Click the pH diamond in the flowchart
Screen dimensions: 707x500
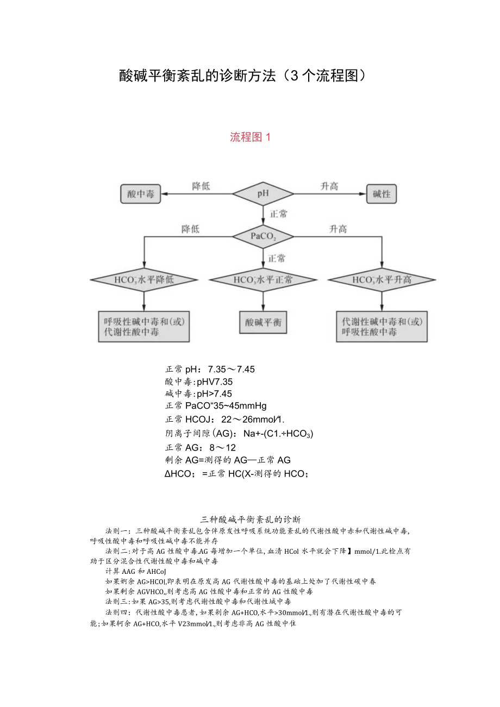(263, 193)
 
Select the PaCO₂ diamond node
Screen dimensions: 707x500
(263, 236)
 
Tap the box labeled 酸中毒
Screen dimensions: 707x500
(141, 194)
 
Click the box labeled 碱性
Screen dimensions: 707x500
(382, 194)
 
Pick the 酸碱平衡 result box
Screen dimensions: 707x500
(263, 322)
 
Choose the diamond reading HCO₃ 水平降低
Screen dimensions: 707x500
(143, 280)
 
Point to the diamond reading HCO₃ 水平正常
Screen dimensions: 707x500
(263, 280)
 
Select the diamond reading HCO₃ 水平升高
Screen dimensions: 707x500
(382, 280)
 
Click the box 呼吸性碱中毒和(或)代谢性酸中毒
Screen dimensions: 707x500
(144, 326)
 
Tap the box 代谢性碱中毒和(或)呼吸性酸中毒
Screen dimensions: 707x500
(382, 326)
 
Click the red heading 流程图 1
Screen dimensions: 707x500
(250, 137)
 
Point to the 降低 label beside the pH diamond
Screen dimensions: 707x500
(201, 186)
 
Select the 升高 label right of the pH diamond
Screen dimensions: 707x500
(329, 186)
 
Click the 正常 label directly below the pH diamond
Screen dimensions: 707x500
(279, 214)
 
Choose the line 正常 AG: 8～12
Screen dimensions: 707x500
(201, 447)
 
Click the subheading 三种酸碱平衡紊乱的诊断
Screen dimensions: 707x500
(251, 519)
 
